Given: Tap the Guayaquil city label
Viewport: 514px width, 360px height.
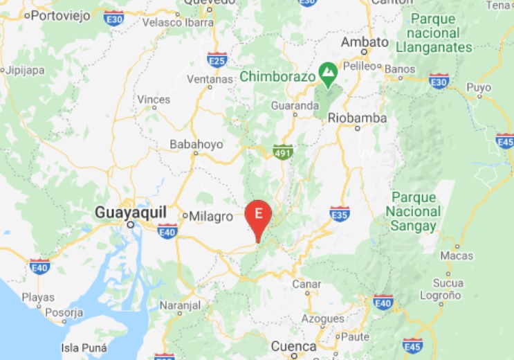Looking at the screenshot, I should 129,212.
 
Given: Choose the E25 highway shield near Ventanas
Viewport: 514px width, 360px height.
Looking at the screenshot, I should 217,60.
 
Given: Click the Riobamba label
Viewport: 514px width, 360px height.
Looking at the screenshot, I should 357,118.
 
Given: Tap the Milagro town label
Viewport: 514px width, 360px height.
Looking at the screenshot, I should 212,217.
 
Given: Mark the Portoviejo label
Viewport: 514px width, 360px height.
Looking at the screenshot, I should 62,15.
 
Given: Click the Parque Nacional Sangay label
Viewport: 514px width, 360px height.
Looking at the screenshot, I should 414,212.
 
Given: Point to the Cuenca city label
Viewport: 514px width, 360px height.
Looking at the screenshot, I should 293,346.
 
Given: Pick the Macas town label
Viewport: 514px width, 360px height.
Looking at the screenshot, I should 457,256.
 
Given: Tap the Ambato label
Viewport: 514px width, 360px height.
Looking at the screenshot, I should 365,42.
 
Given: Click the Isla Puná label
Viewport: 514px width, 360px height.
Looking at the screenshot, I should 84,348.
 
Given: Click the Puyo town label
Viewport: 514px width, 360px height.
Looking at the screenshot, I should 479,88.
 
